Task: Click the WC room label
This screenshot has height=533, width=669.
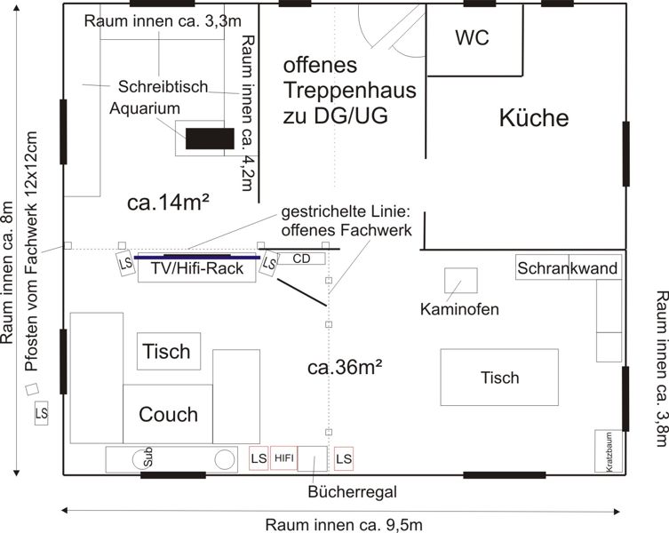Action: point(472,38)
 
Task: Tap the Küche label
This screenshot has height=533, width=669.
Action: point(533,117)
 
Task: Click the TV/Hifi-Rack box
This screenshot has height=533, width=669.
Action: point(197,269)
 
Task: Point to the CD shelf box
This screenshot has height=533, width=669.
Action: point(302,259)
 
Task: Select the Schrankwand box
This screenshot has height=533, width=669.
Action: point(567,268)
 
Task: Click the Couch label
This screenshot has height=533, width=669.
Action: point(169,414)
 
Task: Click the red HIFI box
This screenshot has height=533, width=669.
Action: point(283,458)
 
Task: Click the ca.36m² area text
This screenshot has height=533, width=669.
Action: point(345,366)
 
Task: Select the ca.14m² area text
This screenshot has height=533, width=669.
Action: point(169,203)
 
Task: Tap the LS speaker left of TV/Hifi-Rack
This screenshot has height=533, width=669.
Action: point(124,263)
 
